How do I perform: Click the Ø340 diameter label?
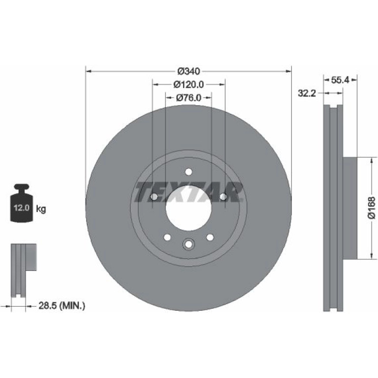(189, 71)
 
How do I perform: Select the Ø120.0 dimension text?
(189, 84)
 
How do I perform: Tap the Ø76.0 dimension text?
(189, 98)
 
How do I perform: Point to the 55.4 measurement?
(340, 80)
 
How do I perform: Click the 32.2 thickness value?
(307, 93)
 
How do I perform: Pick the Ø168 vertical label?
(372, 208)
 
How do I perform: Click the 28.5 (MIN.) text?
(62, 306)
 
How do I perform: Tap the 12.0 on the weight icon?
(22, 207)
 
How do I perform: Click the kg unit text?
(41, 209)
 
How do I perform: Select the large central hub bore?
(189, 208)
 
